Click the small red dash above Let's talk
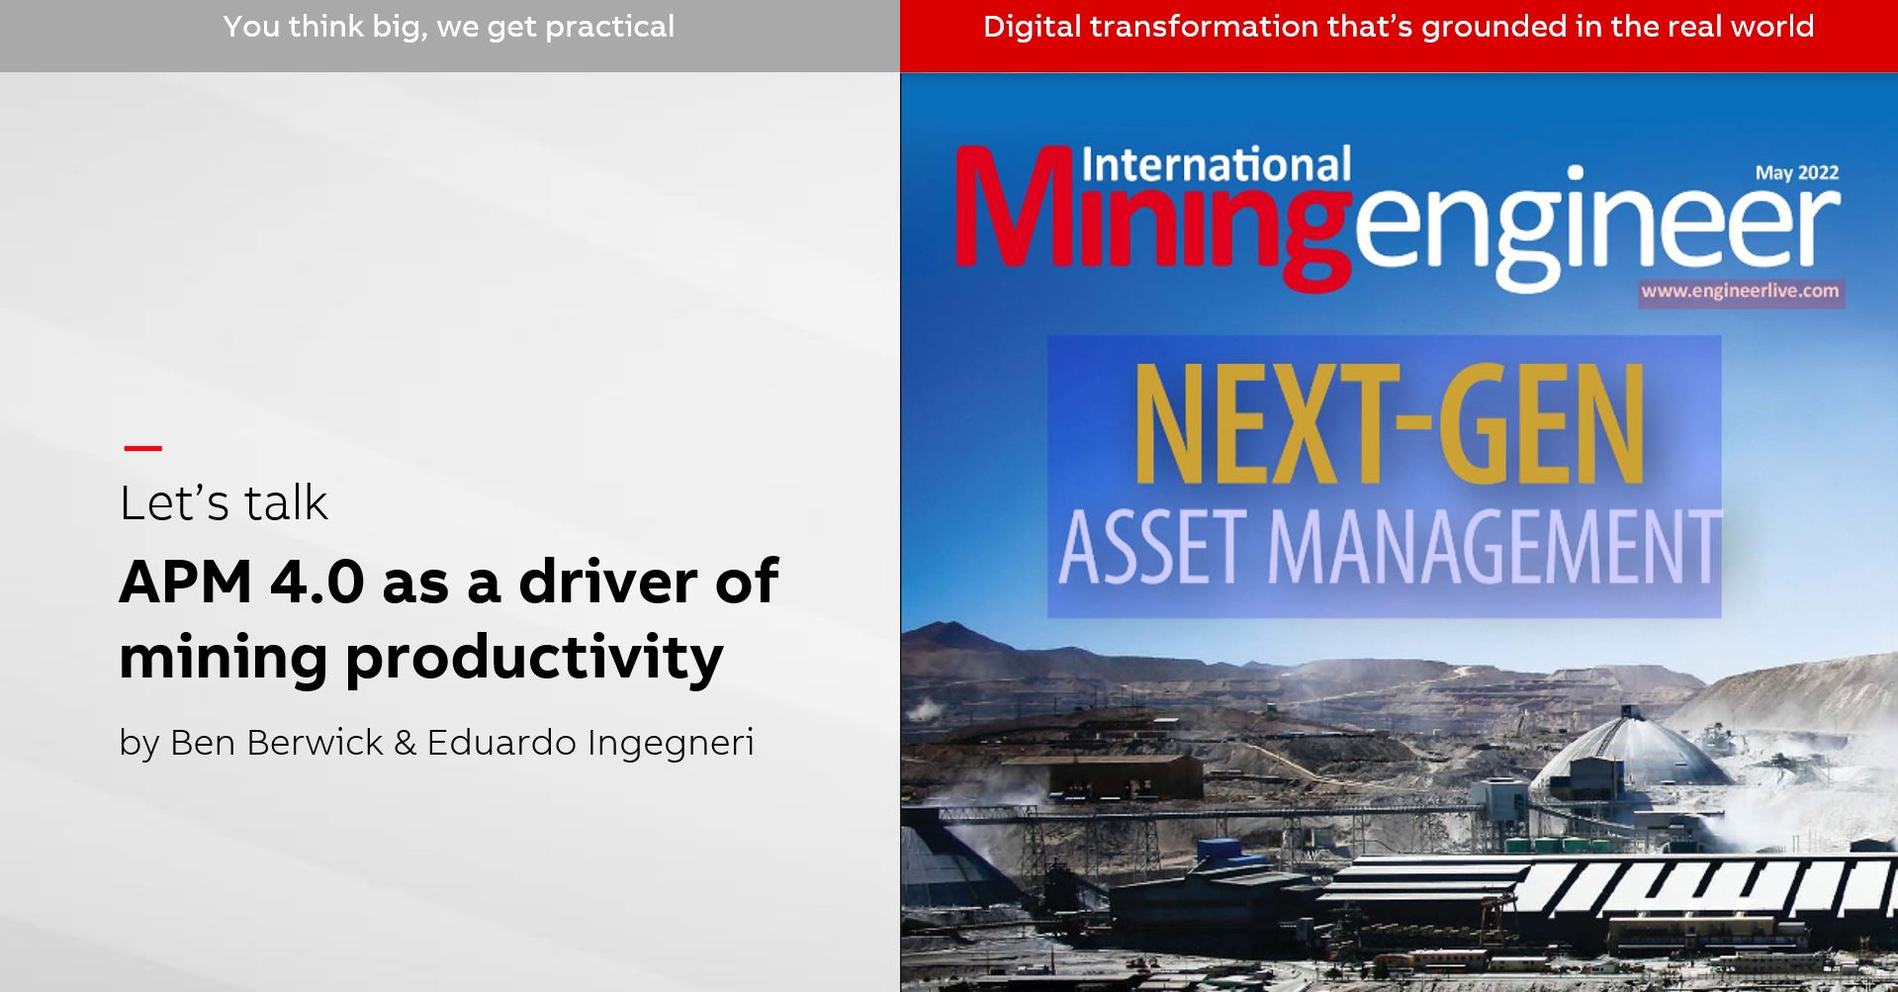point(142,448)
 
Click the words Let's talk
point(224,503)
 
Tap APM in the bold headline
point(185,582)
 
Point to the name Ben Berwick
point(276,743)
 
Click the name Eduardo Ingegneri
point(590,743)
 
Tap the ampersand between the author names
point(405,743)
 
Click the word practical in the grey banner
point(609,27)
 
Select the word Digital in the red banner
point(1032,27)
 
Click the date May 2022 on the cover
point(1796,173)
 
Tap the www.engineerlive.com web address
point(1740,291)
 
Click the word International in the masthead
point(1216,165)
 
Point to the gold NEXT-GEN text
point(1389,425)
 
